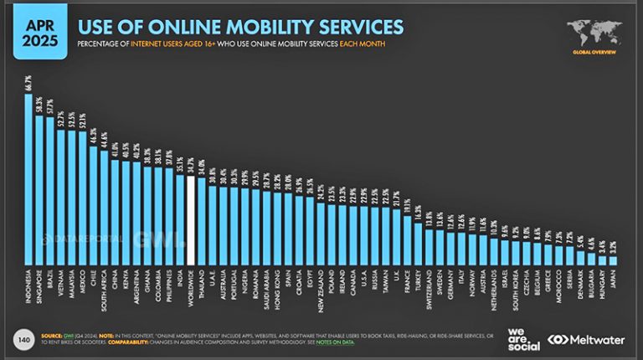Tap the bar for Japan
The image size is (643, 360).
tap(613, 260)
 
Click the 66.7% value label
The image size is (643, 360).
tap(29, 82)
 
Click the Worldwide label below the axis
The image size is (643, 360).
tap(192, 290)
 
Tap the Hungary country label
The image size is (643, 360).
tap(602, 289)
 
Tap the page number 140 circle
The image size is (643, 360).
tap(25, 339)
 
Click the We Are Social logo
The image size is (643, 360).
tap(522, 337)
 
